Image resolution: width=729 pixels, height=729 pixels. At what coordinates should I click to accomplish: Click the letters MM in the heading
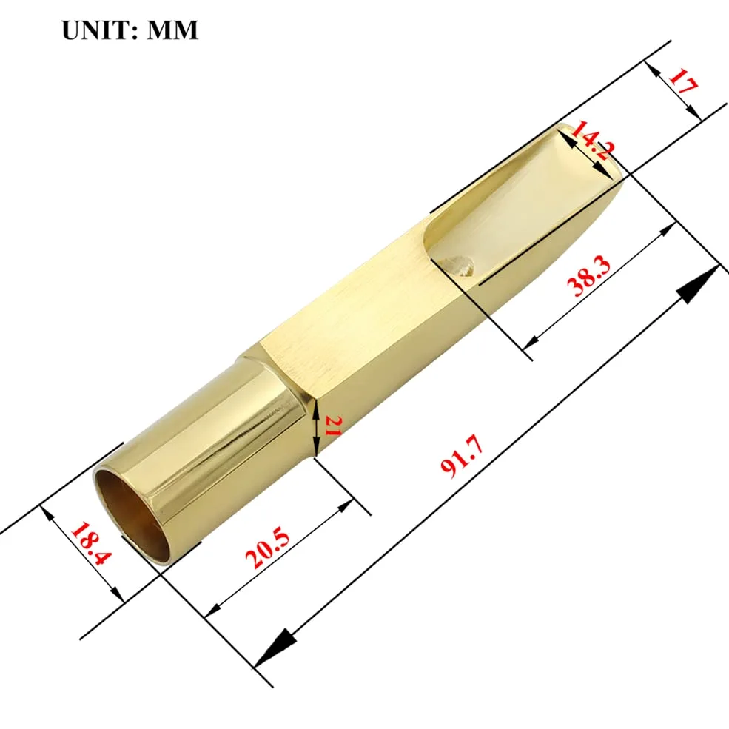[x=172, y=30]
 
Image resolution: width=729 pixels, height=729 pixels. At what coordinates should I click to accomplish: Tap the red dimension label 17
[x=682, y=81]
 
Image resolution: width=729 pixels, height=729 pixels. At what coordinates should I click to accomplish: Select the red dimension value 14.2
[x=593, y=141]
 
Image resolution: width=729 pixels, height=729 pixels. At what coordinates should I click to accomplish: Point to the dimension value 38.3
[x=588, y=276]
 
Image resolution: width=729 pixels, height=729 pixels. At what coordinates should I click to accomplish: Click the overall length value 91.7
[x=463, y=456]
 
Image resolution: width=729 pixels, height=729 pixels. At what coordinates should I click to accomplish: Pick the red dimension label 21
[x=333, y=426]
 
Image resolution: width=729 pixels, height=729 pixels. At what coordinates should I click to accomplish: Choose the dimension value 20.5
[x=267, y=547]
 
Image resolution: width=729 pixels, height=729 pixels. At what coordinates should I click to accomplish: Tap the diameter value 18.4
[x=91, y=544]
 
